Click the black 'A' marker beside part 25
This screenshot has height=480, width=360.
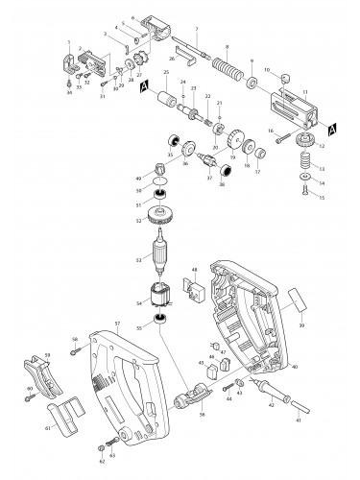(143, 86)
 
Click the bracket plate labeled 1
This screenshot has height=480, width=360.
(73, 64)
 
